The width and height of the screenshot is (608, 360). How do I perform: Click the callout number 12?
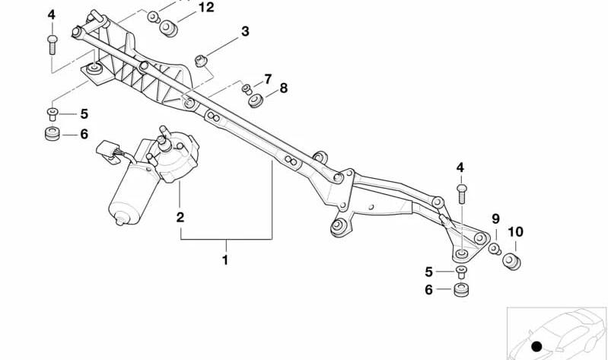click(x=206, y=7)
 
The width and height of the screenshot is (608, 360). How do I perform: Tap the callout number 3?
click(x=245, y=31)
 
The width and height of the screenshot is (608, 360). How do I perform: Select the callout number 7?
click(x=268, y=79)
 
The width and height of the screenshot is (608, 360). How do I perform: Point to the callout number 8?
click(x=284, y=88)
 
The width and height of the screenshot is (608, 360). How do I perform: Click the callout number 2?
click(x=180, y=217)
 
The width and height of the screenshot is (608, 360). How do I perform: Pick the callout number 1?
click(x=225, y=260)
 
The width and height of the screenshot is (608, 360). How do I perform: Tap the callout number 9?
click(x=496, y=219)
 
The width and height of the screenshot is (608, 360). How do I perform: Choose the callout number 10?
click(x=515, y=232)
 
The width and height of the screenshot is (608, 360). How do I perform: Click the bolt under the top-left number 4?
click(x=53, y=45)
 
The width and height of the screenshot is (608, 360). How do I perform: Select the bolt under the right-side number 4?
click(x=461, y=193)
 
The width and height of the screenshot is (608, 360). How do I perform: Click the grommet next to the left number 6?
click(x=53, y=133)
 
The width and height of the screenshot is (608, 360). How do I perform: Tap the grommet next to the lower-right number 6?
click(x=461, y=290)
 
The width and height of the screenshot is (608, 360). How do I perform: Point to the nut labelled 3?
click(x=201, y=62)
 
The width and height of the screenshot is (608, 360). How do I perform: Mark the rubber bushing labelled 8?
click(x=256, y=100)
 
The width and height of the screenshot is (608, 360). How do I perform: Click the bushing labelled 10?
click(x=511, y=261)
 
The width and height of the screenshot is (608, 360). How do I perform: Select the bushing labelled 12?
click(x=169, y=28)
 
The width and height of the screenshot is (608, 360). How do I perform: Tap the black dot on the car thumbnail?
click(x=536, y=346)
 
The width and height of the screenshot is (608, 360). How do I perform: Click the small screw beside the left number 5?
click(x=53, y=114)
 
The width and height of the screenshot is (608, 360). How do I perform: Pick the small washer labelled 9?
click(x=495, y=249)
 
